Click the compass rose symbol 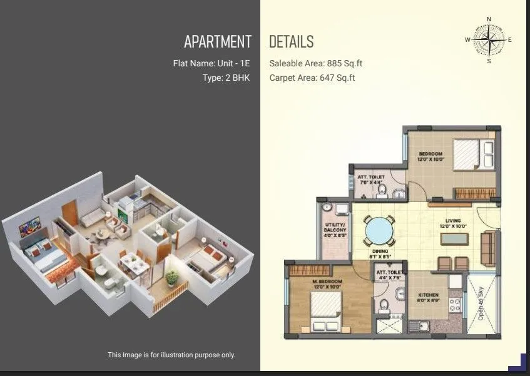(489, 39)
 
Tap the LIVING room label (453, 221)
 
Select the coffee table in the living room (453, 238)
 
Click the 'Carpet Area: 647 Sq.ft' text (312, 78)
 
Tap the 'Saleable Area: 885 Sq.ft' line (316, 63)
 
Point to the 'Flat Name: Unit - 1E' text (212, 63)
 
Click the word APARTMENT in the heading (218, 42)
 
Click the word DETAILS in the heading (291, 42)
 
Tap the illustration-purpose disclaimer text (171, 355)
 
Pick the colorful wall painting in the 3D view (29, 225)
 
